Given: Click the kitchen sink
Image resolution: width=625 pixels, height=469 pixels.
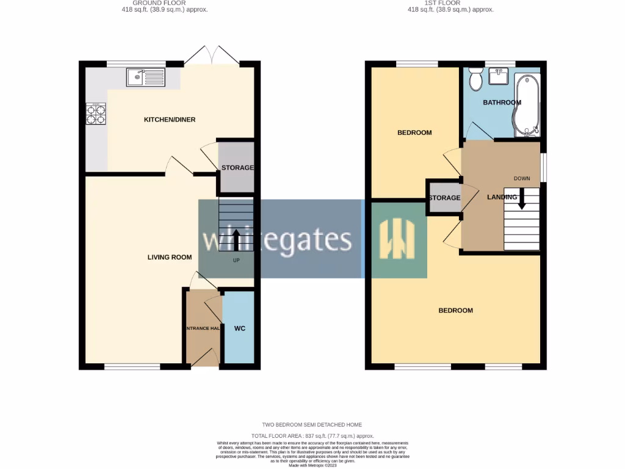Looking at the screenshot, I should click(x=145, y=77).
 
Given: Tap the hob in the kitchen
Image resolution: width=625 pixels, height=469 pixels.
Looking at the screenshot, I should click(x=96, y=115).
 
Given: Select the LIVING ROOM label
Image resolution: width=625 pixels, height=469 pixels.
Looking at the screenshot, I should click(x=170, y=257).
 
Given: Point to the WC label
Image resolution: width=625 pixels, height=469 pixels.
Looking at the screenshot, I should click(x=240, y=329).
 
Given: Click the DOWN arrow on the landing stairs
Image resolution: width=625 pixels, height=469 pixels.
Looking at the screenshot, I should click(x=522, y=200).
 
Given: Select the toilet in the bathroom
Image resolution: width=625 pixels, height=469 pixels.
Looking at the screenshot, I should click(x=475, y=78).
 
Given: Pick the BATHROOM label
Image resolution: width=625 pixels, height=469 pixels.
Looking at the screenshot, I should click(x=502, y=103).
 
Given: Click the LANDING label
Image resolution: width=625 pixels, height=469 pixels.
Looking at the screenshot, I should click(x=502, y=197).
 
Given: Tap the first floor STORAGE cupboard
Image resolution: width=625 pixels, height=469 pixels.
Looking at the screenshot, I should click(x=444, y=198).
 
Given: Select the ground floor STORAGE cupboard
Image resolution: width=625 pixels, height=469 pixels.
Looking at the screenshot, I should click(x=237, y=168).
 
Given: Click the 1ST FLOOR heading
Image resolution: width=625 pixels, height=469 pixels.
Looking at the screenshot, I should click(x=450, y=3).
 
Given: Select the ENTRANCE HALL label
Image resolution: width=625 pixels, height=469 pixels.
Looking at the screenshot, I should click(x=202, y=329).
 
